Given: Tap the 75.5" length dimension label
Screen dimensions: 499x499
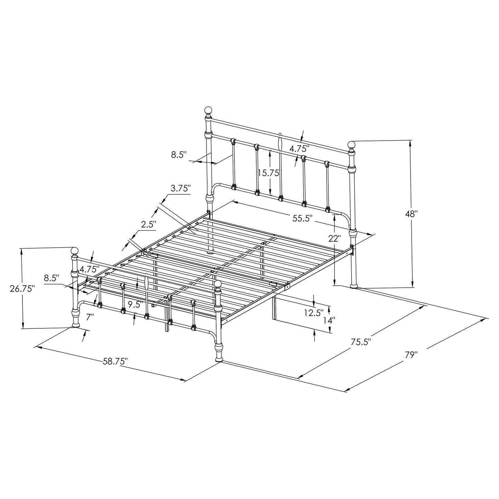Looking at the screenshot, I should coord(361,342).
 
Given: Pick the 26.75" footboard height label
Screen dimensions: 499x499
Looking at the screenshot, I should coord(22,288).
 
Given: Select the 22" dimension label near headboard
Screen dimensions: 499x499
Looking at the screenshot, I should coord(335,238).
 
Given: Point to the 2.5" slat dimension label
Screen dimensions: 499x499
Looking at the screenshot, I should coord(149,224).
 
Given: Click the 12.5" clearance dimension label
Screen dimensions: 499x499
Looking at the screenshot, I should coord(314,313).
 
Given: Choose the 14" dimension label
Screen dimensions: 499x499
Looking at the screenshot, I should coord(329,320).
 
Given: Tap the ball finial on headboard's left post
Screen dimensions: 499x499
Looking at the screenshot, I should coord(208,111).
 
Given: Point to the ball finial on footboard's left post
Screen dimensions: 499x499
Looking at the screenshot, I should coord(74,251).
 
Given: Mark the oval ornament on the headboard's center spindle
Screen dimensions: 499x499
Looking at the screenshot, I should coord(280,143).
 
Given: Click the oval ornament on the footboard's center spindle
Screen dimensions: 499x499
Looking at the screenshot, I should coord(146,283).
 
